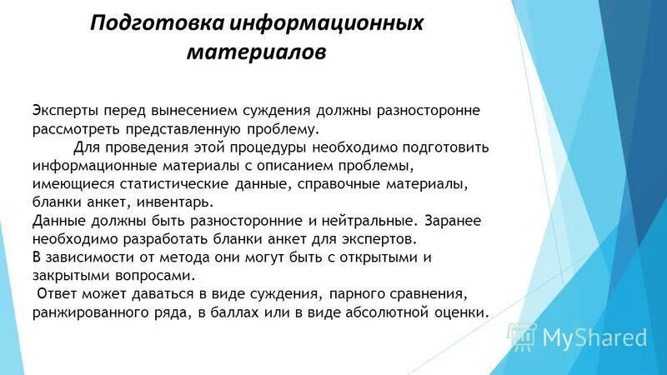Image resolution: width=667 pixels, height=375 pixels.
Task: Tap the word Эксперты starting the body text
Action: coord(66,111)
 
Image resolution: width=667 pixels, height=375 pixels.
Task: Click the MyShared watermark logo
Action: coord(580,337)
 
